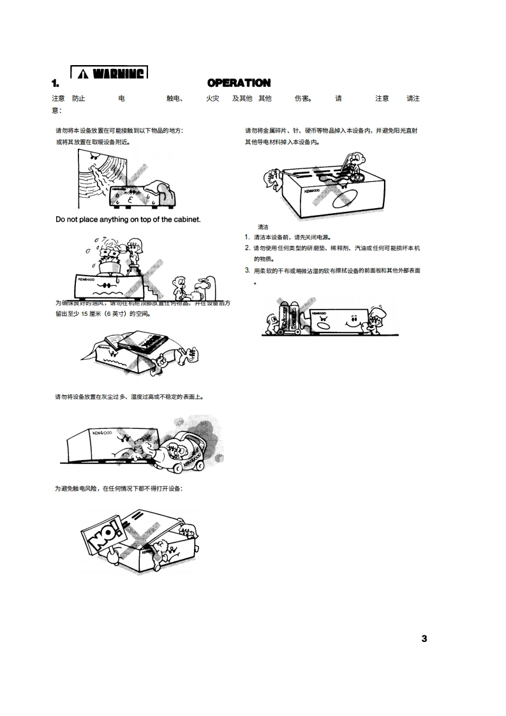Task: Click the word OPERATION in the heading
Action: [x=239, y=83]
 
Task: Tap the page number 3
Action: [x=424, y=639]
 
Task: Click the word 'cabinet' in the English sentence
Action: [x=183, y=220]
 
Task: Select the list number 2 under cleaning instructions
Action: [x=247, y=248]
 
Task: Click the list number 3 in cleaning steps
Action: [x=247, y=270]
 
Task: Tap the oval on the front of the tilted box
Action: [x=345, y=200]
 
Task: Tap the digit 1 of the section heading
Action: [x=55, y=83]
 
